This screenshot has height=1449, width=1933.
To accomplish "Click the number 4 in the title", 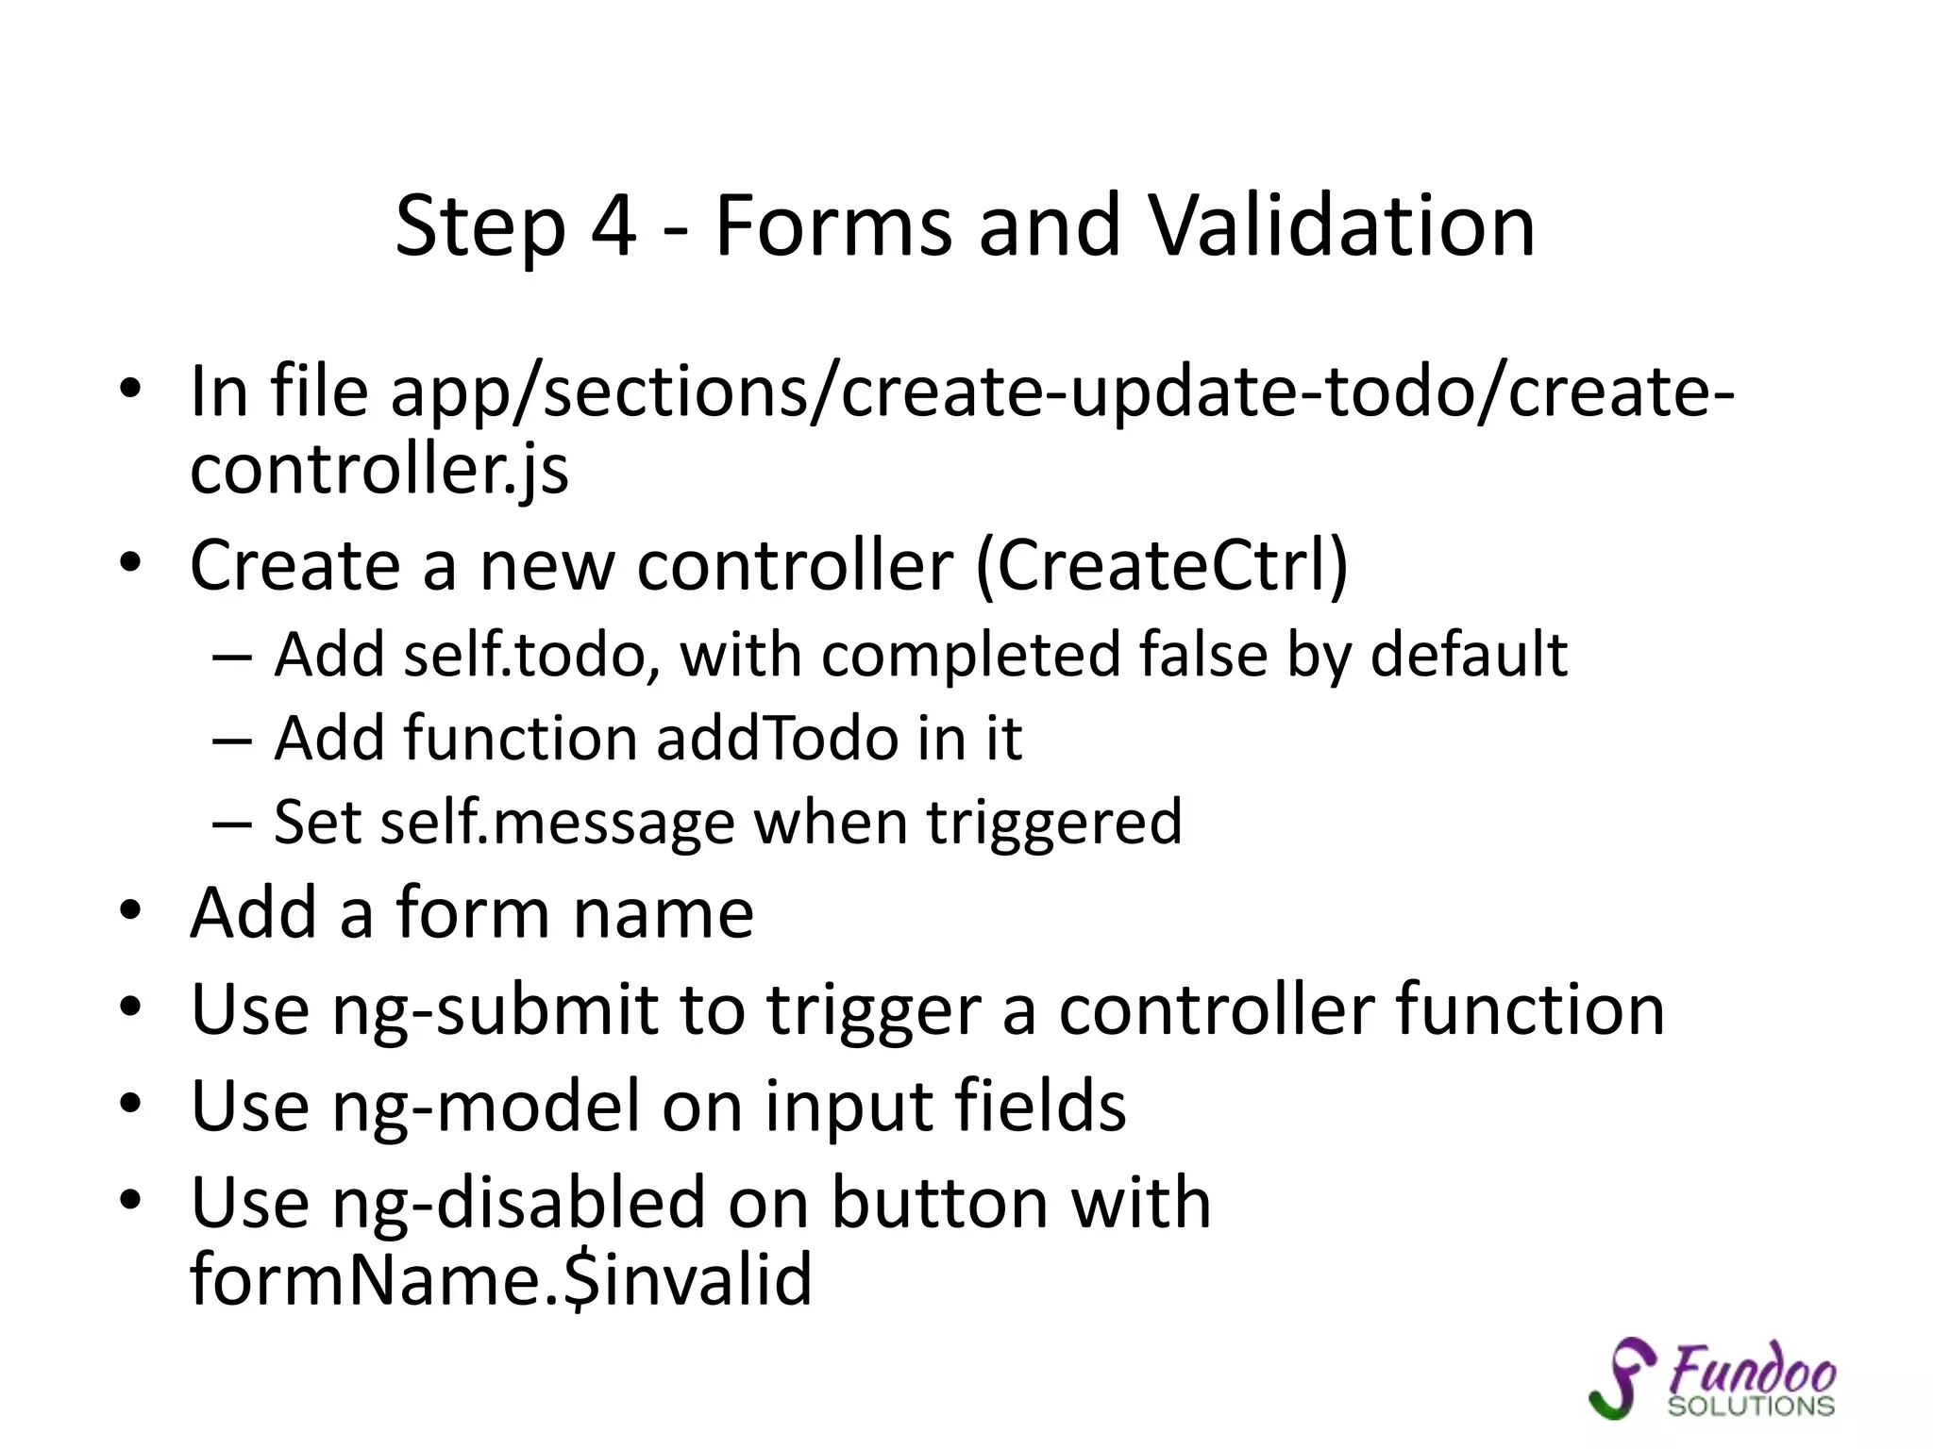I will coord(614,226).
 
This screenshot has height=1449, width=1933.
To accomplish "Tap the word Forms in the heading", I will coord(833,226).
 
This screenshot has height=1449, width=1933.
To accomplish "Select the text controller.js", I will coord(379,469).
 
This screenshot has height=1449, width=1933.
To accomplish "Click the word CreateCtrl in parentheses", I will coord(1161,566).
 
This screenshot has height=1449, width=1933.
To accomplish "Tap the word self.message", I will coord(557,823).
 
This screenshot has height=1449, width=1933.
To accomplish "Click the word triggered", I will coord(1053,823).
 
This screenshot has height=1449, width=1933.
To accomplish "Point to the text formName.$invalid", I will coord(501,1280).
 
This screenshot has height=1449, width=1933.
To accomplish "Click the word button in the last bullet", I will coord(938,1203).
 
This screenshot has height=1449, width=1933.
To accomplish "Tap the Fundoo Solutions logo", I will coord(1713,1378).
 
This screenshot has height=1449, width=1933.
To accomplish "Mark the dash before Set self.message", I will coord(232,824).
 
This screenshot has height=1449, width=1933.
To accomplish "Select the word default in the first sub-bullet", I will coord(1469,654).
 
